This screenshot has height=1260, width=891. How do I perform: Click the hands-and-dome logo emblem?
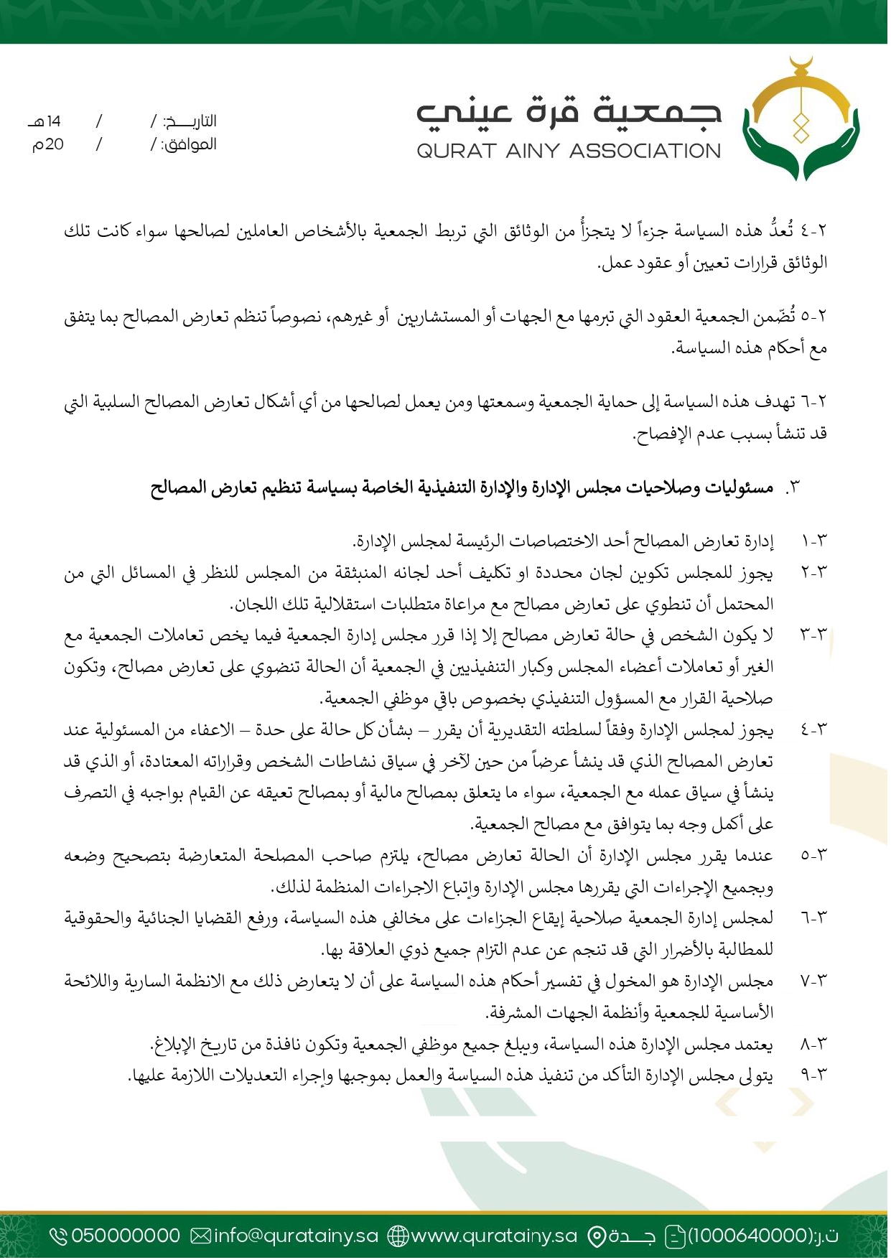point(801,122)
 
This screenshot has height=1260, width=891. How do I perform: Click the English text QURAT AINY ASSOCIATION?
point(569,151)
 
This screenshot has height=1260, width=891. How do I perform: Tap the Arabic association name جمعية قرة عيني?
point(569,113)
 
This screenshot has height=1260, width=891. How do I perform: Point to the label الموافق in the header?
point(189,144)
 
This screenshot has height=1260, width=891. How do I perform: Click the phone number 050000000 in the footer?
point(126,1235)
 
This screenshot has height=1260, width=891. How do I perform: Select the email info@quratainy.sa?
point(296,1235)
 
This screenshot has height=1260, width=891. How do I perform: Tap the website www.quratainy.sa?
point(494,1235)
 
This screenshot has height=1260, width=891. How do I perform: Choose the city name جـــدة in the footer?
point(633,1235)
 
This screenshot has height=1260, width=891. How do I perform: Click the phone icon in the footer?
point(58,1236)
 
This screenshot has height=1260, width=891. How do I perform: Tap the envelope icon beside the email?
point(200,1236)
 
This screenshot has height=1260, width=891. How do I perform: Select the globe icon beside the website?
point(398,1236)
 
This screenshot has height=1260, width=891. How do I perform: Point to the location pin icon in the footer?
point(597,1236)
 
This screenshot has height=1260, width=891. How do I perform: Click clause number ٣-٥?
point(813,856)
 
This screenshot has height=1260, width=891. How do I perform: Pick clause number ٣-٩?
point(813,1075)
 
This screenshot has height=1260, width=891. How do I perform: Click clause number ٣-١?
point(813,541)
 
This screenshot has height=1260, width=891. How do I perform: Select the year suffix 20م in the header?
point(47,144)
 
